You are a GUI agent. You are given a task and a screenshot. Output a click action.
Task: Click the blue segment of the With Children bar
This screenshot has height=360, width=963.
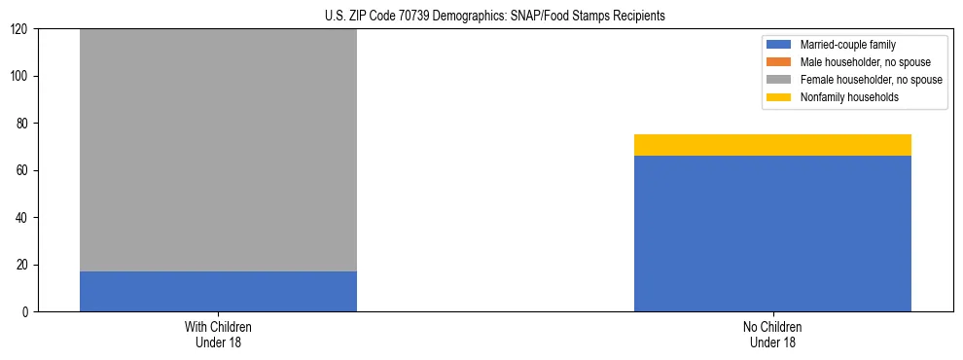[x=218, y=291]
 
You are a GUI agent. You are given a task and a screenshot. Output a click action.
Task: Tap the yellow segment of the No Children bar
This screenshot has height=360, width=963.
[x=772, y=145]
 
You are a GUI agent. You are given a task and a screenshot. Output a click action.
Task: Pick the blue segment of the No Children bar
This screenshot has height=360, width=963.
[x=772, y=234]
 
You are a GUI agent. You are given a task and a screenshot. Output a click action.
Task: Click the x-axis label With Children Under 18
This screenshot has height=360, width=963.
[x=218, y=334]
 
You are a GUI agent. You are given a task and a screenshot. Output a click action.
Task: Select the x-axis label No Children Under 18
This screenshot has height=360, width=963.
[x=772, y=334]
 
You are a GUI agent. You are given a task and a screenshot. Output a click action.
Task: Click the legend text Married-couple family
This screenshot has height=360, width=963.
[x=848, y=45]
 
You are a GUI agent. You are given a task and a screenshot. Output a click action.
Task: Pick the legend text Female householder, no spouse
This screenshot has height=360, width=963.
[x=871, y=80]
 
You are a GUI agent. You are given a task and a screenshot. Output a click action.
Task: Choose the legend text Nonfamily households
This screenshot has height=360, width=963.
[x=849, y=97]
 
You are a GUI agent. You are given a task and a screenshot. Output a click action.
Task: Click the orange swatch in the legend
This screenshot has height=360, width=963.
[x=779, y=62]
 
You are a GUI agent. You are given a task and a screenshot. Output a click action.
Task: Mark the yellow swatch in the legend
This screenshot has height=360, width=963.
[x=779, y=97]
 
